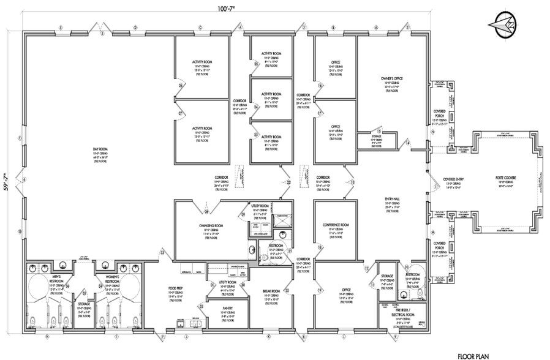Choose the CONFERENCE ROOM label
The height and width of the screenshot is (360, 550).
click(x=336, y=225)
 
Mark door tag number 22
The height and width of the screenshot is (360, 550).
click(x=289, y=182)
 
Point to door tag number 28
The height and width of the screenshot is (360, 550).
click(x=207, y=212)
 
